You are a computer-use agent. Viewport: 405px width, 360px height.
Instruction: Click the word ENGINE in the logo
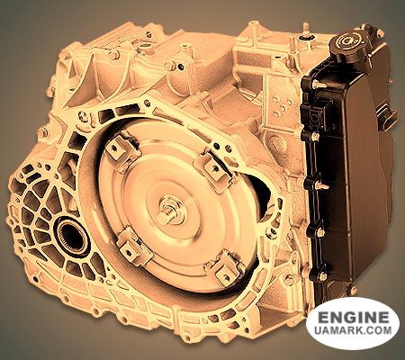coord(353,317)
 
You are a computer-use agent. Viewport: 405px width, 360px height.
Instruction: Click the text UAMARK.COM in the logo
coord(353,330)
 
